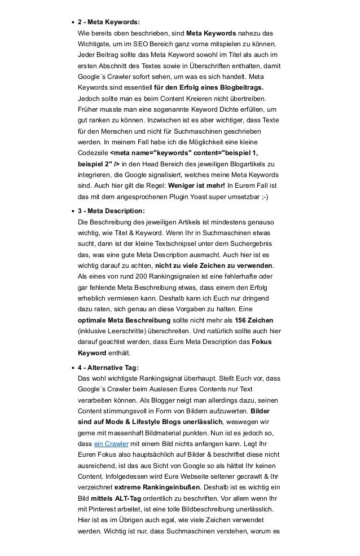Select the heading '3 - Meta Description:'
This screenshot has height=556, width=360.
[x=111, y=210]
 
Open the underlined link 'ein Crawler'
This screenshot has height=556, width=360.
[x=111, y=444]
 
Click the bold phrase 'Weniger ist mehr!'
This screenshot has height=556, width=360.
[x=194, y=186]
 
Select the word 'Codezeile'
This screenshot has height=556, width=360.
[x=92, y=153]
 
